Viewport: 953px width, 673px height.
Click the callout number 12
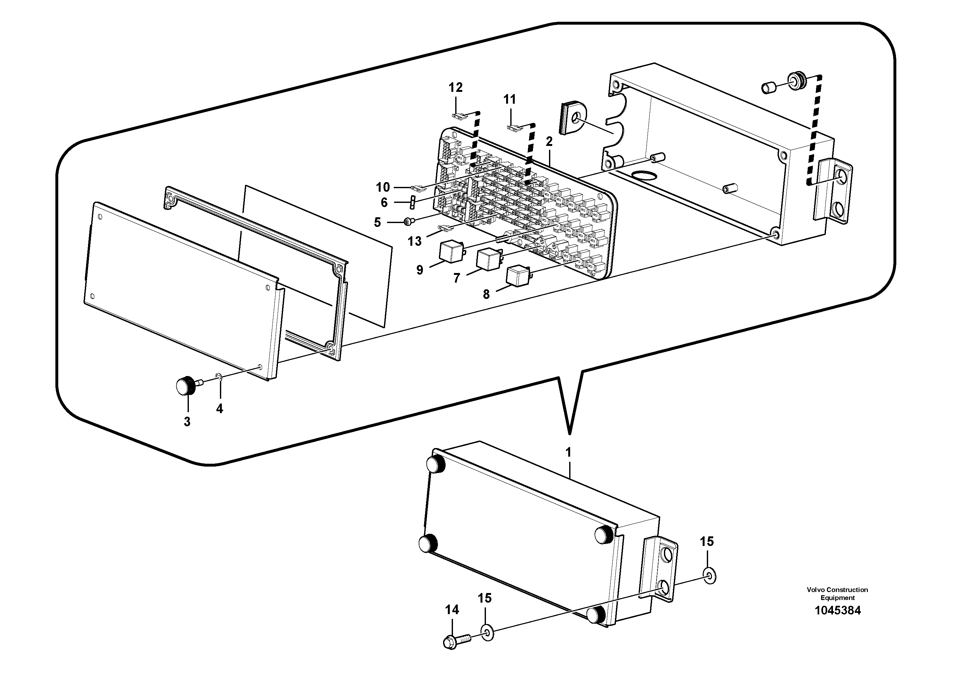455,88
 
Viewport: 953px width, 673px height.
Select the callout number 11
509,100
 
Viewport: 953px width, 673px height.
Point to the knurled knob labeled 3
186,386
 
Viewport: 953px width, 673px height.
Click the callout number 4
220,409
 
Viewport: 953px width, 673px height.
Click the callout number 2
549,142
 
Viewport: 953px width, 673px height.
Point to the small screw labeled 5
408,223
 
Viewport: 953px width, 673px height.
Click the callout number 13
414,241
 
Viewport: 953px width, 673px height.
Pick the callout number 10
383,188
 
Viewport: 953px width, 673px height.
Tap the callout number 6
384,203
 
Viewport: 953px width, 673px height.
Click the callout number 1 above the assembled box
568,452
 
